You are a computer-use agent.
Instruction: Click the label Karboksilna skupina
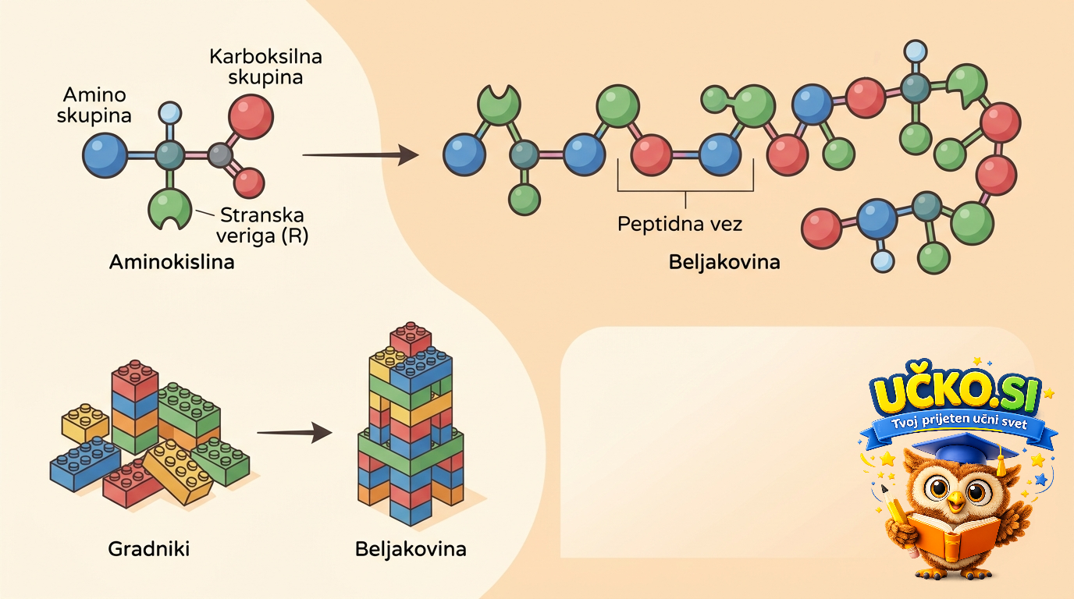point(265,66)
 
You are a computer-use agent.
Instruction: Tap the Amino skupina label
point(94,105)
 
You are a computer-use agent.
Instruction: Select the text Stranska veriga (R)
point(261,225)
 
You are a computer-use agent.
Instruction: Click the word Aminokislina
point(172,262)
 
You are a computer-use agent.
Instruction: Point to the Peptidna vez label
point(679,225)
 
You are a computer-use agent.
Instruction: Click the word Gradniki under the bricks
point(148,548)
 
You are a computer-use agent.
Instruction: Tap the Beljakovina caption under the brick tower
point(411,549)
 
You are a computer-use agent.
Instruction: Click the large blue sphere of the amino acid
point(105,155)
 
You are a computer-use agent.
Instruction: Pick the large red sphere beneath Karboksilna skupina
point(251,117)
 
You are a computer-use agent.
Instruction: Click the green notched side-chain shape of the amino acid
point(169,208)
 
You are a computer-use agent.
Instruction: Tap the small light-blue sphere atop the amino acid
point(169,113)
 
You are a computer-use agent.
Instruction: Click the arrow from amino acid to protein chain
point(361,154)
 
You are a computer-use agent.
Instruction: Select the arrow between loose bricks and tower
point(294,432)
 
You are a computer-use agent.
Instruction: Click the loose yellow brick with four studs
point(85,424)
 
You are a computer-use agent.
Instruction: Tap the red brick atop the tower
point(411,338)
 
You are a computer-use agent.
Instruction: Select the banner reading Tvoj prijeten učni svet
point(958,427)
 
